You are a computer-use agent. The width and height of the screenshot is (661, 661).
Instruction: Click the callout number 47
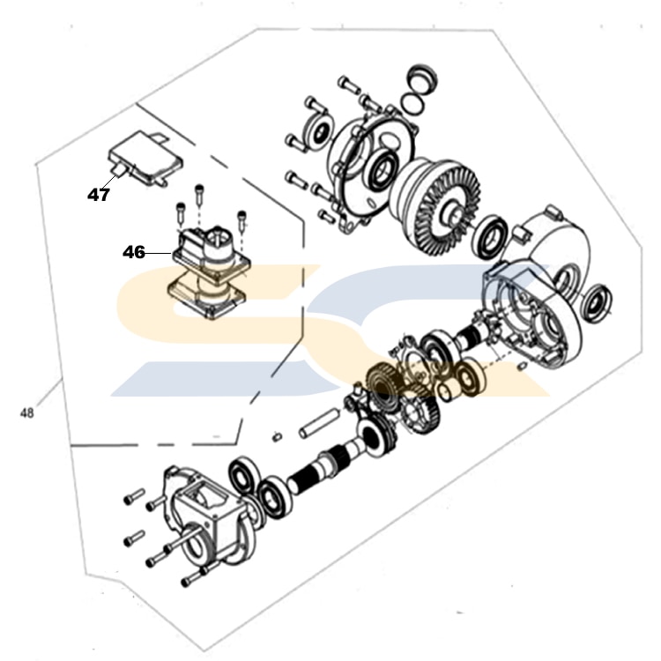99,195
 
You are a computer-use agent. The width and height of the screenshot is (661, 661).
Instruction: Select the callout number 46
134,252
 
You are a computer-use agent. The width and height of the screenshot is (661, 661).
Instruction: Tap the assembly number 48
27,412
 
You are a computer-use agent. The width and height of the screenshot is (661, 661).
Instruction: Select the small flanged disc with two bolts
313,130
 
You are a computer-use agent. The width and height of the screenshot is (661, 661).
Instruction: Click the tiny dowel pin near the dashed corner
277,434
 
